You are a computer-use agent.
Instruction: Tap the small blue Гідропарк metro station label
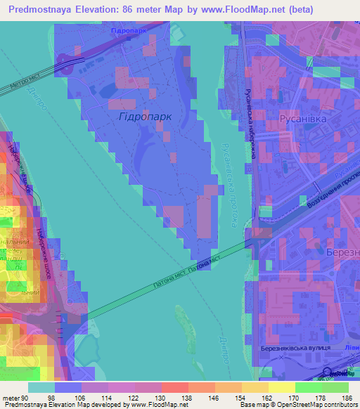(x=128, y=32)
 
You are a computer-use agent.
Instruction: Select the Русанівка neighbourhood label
(x=302, y=120)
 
